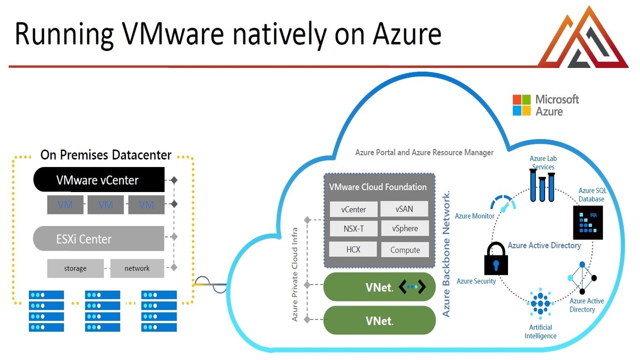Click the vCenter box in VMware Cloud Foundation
[353, 209]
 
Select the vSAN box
[404, 208]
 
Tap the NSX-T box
[353, 228]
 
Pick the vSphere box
[404, 228]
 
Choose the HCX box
[353, 249]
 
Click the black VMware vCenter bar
[99, 179]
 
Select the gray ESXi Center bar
[98, 238]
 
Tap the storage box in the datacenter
[75, 268]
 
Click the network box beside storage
[137, 268]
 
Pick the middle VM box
[105, 205]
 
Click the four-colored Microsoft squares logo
[521, 105]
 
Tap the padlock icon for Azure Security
[496, 258]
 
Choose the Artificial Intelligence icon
[540, 303]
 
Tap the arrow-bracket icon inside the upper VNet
[412, 286]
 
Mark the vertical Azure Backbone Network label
[446, 253]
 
